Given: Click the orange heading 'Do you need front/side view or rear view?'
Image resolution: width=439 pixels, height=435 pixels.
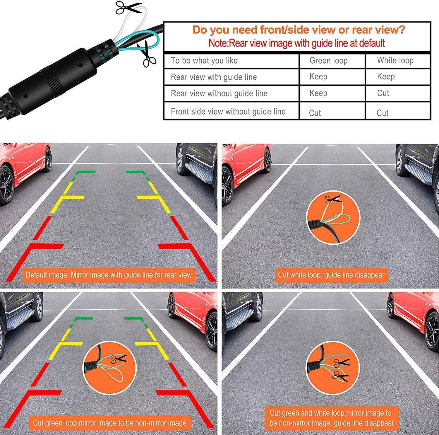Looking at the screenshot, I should [299, 30].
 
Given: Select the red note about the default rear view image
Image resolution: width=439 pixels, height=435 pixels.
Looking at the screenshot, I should [296, 43].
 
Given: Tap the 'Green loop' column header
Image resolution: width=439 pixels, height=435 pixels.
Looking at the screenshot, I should [328, 61].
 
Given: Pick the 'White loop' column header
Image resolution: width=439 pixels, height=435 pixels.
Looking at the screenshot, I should [395, 61].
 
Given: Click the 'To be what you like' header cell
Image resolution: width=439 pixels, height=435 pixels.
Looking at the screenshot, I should [204, 61].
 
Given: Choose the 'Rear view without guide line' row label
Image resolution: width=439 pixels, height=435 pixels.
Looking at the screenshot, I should [219, 93].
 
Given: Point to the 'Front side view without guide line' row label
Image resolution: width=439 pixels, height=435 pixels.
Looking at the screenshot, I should [228, 112].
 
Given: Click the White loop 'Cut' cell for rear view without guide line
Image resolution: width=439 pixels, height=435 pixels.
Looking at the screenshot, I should [383, 93].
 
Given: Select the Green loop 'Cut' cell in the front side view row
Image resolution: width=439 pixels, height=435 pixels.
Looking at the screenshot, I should [315, 113].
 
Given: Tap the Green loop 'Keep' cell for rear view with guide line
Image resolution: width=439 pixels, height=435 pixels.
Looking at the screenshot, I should [318, 77].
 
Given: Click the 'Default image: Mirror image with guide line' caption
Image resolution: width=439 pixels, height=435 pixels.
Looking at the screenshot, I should [108, 275].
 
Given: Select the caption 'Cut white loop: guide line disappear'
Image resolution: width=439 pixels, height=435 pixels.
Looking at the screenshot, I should [331, 275].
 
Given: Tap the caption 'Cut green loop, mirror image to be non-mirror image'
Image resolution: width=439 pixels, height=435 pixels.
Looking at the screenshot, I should [109, 423].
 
